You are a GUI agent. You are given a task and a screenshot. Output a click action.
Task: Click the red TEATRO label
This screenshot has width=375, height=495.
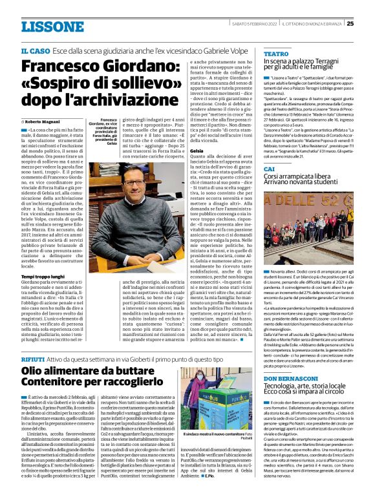(276, 54)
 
